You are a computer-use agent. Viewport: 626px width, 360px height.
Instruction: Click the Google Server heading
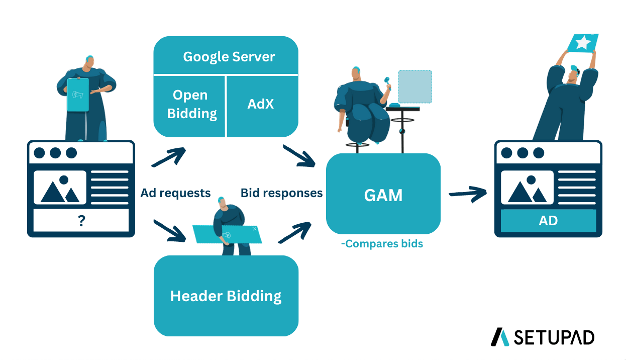(229, 56)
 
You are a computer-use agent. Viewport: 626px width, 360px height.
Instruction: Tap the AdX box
(261, 104)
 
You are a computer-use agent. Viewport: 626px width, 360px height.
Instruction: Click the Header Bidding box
(226, 296)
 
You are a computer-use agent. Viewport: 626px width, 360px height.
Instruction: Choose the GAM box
(383, 195)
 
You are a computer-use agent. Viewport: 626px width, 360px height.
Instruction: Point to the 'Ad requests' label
(175, 193)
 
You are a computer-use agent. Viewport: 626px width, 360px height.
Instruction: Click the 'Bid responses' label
(281, 193)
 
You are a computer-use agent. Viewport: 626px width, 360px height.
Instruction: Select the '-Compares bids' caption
(382, 244)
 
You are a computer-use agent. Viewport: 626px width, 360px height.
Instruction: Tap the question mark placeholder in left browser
(81, 221)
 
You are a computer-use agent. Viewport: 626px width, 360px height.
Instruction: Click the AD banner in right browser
(548, 221)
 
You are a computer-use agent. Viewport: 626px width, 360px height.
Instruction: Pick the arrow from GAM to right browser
(468, 194)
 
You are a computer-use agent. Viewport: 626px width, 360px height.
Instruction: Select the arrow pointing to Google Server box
(169, 157)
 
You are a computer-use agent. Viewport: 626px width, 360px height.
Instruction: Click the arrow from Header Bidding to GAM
(294, 232)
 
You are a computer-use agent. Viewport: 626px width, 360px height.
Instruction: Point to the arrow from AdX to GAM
(299, 156)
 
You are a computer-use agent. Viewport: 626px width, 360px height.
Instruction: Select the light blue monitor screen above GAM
(415, 86)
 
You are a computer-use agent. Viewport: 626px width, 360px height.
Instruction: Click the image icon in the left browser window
(60, 188)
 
